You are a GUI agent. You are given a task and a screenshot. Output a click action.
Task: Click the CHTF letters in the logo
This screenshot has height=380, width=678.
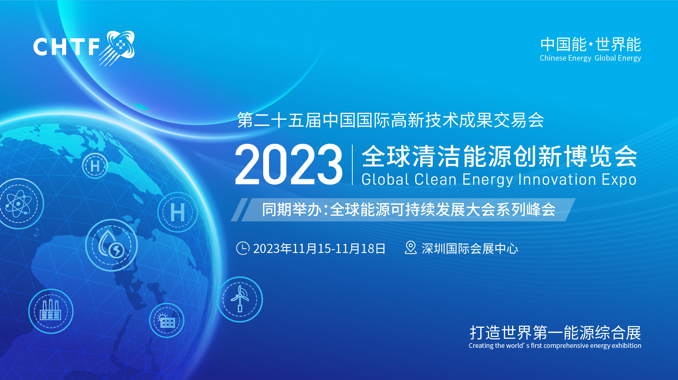(x=67, y=47)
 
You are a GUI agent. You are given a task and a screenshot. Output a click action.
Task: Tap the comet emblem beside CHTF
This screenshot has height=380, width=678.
(x=117, y=48)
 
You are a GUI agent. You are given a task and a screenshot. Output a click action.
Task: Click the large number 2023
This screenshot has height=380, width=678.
(x=289, y=164)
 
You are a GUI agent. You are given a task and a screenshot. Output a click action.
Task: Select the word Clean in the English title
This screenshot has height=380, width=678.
(x=436, y=180)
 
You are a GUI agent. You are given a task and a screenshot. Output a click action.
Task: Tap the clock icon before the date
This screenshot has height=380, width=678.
(x=243, y=248)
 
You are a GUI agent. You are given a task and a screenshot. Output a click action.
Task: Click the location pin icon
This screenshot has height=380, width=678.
(x=410, y=247)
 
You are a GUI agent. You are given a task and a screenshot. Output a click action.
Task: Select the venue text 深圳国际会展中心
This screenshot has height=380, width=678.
(x=470, y=249)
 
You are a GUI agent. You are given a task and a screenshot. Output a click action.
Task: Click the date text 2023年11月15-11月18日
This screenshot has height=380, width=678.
(x=319, y=249)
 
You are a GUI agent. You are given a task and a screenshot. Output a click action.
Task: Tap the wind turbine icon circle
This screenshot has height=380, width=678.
(x=240, y=299)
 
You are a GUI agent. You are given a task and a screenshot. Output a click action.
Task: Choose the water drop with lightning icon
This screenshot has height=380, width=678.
(x=111, y=245)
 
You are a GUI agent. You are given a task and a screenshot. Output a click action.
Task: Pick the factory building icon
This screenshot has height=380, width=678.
(x=51, y=311)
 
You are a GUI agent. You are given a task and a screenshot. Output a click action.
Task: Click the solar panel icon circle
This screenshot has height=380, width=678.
(x=167, y=320)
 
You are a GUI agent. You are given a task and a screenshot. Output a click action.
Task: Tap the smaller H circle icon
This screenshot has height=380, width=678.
(x=95, y=166)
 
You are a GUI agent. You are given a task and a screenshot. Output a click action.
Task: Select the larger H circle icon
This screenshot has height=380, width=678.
(x=178, y=212)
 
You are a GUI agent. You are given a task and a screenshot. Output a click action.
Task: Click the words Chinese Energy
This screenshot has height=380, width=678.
(x=565, y=58)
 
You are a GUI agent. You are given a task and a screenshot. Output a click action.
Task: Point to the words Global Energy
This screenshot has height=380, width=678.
(x=618, y=58)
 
